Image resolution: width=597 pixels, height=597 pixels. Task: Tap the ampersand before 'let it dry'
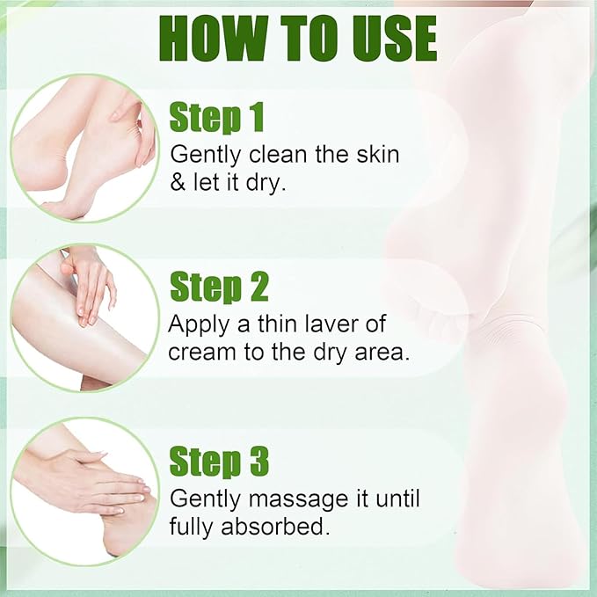pos(178,187)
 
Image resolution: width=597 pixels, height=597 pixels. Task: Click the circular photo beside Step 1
pos(84,147)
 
